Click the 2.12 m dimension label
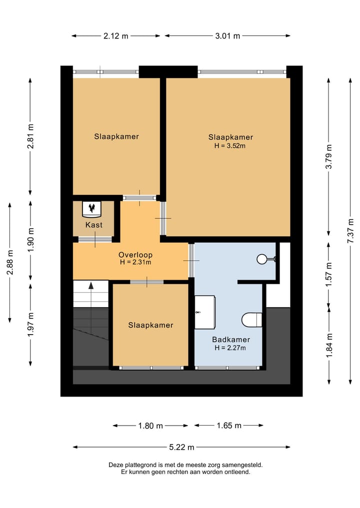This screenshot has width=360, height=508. (x=116, y=36)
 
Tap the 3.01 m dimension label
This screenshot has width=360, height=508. (x=227, y=36)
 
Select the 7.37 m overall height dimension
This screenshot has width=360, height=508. (x=350, y=231)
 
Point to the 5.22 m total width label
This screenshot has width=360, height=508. (x=181, y=447)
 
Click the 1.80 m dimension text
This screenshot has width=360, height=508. (x=150, y=426)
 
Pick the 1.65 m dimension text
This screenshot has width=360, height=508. (x=229, y=426)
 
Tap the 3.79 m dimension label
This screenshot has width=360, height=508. (x=329, y=157)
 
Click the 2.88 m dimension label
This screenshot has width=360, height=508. (x=10, y=262)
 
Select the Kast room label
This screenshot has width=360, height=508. (x=94, y=224)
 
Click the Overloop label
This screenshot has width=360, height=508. (x=135, y=255)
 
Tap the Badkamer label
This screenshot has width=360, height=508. (x=231, y=340)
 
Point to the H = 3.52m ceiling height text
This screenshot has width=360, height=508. (x=230, y=146)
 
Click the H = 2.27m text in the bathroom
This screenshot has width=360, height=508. (x=230, y=348)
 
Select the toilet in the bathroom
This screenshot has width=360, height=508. (x=252, y=320)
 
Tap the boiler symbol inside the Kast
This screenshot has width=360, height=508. (x=92, y=209)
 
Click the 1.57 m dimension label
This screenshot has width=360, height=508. (x=329, y=274)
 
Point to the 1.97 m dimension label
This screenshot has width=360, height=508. (x=31, y=324)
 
